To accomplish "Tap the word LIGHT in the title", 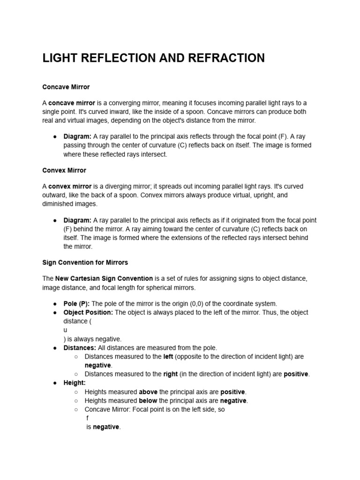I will coord(59,58).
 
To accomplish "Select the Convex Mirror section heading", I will coord(64,170).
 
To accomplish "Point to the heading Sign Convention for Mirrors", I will coord(85,262).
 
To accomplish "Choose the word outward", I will coord(55,195).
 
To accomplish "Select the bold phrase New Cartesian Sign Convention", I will coord(104,278).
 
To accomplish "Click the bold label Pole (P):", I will coord(76,304).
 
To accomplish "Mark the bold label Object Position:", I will coord(88,312).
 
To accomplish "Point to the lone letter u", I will coord(66,330).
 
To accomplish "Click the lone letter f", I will coord(88,418).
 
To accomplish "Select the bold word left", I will coord(168,356).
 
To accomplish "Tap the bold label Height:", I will coord(75,383).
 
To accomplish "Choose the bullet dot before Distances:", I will coord(55,348).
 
